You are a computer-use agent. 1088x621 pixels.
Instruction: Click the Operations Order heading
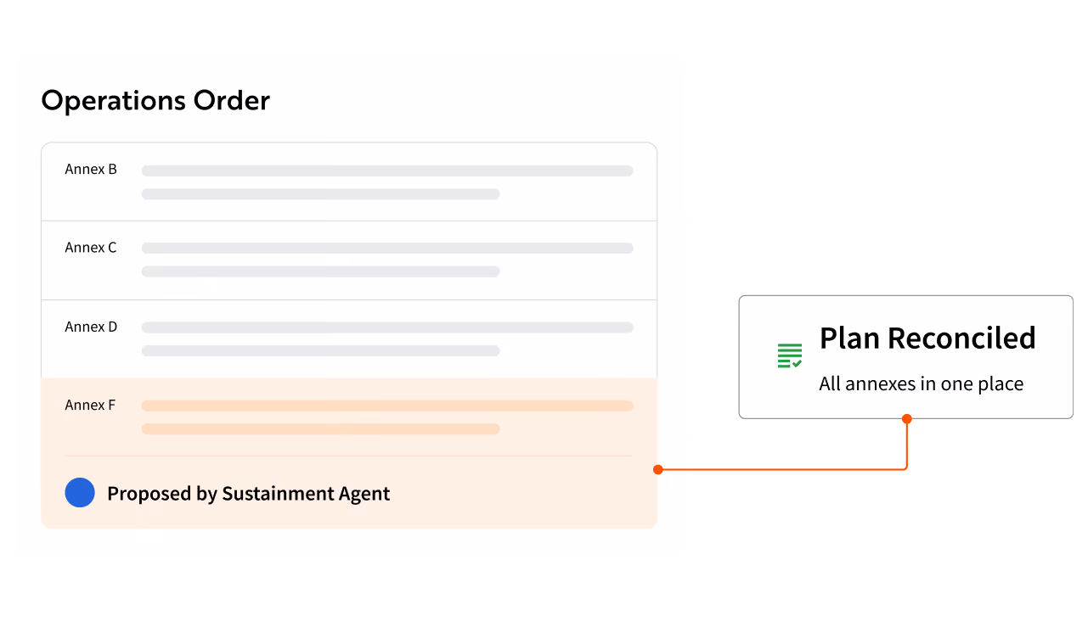click(x=155, y=101)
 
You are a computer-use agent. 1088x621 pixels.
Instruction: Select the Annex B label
click(x=91, y=170)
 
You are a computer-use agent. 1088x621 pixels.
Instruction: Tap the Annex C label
click(x=91, y=248)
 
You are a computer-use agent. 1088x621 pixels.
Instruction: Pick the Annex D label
click(x=92, y=327)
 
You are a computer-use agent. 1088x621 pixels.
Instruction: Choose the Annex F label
click(x=90, y=406)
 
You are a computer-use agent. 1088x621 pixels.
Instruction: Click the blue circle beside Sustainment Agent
click(x=80, y=492)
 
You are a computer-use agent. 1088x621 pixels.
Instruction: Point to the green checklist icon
click(x=790, y=355)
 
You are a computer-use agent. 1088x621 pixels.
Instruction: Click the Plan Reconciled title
click(x=927, y=338)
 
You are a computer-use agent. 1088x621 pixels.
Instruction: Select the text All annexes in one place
click(x=922, y=383)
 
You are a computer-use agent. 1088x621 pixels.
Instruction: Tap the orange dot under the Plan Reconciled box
click(x=907, y=419)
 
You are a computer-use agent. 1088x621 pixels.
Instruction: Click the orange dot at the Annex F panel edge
click(x=658, y=469)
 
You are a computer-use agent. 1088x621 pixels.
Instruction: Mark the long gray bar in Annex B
click(x=387, y=171)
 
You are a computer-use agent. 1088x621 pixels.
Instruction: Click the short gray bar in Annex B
click(x=320, y=194)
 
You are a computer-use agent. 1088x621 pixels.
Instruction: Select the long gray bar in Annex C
click(x=387, y=249)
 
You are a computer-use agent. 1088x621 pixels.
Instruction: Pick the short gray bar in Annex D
click(x=320, y=350)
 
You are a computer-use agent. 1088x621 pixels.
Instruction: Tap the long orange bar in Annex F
click(x=387, y=406)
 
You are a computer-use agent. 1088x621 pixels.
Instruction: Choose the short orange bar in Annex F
click(x=320, y=429)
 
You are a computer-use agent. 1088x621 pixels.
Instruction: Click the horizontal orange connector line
click(x=782, y=469)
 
